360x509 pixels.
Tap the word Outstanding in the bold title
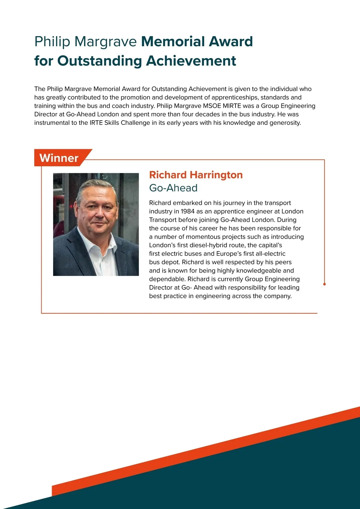point(99,61)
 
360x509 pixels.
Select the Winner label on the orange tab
point(59,158)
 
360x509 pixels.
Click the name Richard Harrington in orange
point(196,175)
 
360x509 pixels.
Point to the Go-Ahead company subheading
point(173,188)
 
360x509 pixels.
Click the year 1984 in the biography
point(187,211)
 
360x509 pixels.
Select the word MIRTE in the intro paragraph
point(232,106)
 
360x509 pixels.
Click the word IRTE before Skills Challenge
point(96,123)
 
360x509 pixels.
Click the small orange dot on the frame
point(324,284)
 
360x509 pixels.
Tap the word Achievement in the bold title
point(191,61)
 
